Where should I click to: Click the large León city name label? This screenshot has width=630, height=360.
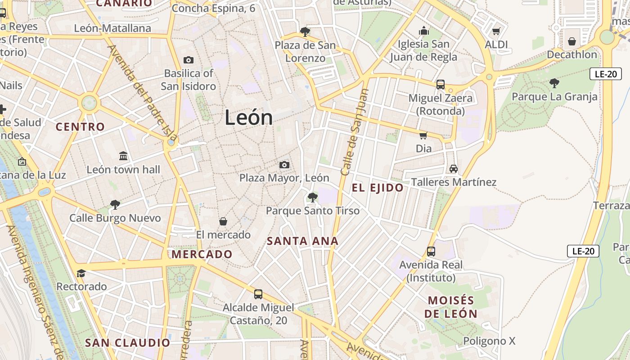248,117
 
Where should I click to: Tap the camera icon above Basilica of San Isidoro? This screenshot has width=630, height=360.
189,60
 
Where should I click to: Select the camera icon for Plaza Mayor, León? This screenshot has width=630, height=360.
284,165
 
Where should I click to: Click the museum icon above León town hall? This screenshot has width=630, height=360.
123,156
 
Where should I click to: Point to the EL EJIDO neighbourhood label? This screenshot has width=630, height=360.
378,188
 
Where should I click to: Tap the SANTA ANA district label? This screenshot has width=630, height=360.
302,241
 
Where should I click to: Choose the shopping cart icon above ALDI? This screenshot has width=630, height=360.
496,31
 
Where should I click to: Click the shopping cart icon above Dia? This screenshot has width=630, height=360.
423,135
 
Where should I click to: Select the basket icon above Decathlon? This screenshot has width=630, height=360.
571,41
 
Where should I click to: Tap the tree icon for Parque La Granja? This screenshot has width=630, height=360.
554,83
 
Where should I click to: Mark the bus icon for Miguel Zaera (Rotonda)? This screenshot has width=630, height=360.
440,84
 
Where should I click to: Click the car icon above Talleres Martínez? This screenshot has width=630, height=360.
453,169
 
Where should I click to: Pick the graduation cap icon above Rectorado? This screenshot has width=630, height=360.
81,273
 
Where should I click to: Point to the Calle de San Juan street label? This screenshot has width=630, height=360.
355,131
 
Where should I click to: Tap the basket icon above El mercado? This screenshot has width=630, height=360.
223,221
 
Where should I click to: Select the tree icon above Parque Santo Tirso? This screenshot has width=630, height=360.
312,197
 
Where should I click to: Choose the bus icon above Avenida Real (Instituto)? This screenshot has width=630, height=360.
431,251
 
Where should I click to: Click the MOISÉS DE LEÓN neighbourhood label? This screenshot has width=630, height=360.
451,307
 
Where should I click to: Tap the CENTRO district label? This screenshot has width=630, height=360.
80,127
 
